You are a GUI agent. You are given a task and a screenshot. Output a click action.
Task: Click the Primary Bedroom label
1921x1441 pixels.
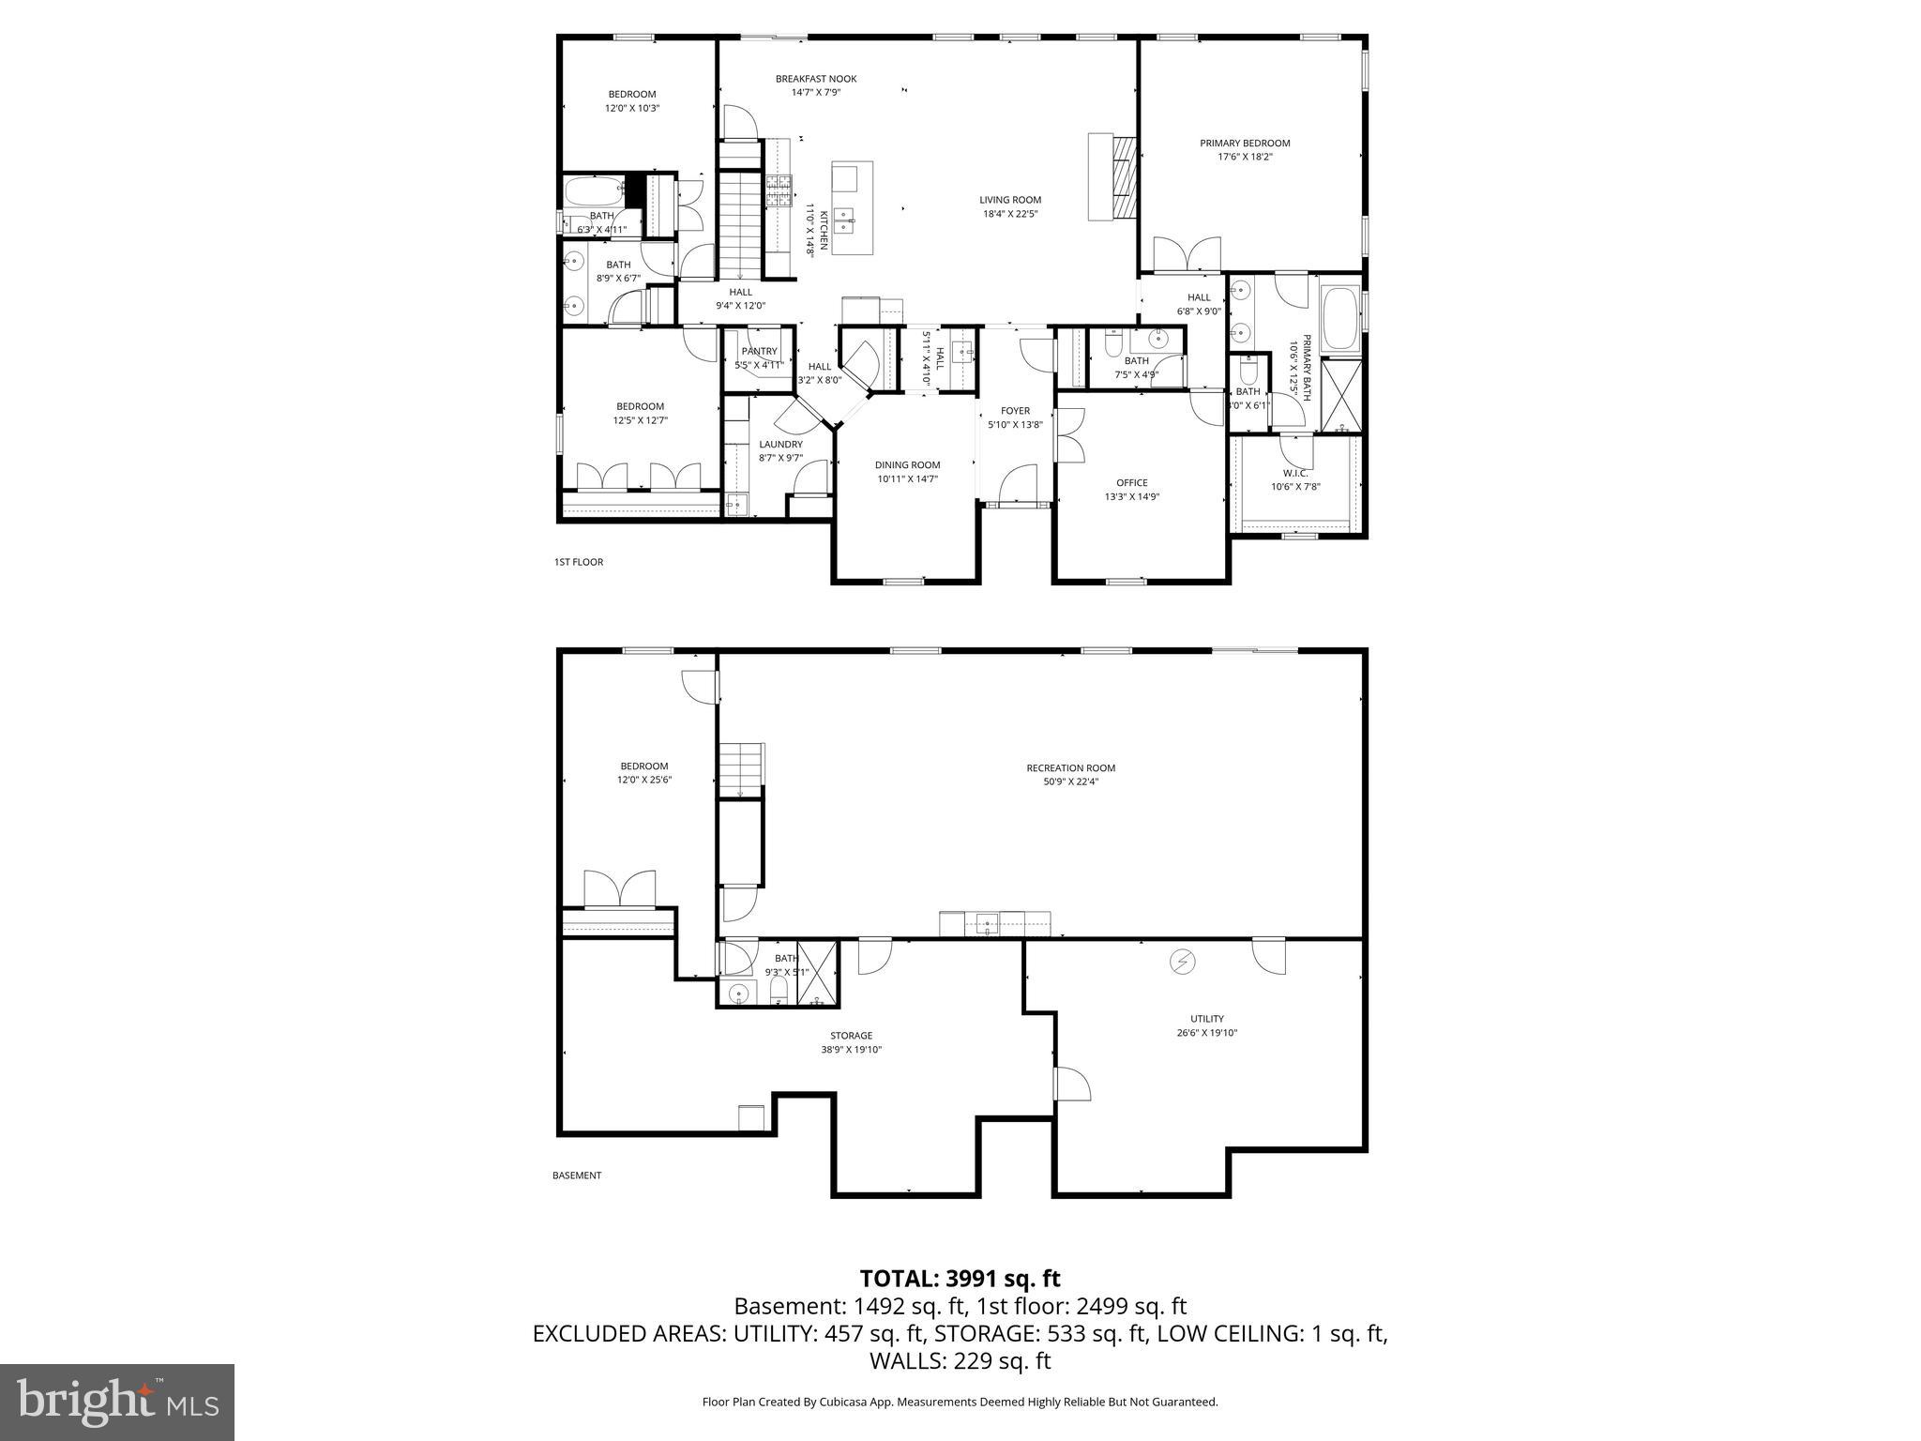(1244, 144)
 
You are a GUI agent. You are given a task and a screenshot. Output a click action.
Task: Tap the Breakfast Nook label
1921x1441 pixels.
(815, 79)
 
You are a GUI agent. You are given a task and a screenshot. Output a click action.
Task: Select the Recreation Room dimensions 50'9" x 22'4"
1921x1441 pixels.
(1070, 781)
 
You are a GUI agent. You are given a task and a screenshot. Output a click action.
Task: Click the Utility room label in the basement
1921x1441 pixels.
(1206, 1019)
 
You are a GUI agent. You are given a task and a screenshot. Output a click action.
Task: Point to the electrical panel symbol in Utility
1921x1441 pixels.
(1182, 962)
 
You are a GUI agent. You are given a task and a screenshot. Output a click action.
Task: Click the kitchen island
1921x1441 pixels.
(852, 207)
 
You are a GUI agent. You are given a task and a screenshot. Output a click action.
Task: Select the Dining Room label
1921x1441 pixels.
(907, 465)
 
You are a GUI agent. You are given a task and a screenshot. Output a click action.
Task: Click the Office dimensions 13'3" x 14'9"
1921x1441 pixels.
(1131, 497)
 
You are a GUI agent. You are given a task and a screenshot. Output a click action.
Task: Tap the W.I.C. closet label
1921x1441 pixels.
(1295, 473)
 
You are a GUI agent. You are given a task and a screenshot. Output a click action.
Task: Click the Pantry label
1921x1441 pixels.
(759, 352)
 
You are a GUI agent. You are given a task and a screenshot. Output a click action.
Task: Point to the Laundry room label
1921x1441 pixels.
(780, 445)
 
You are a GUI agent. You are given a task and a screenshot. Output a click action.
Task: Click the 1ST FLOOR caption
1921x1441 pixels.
(578, 562)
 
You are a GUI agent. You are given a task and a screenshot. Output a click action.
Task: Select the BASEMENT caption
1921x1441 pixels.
(576, 1176)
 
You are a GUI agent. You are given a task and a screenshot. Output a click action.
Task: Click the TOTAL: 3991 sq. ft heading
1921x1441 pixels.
(960, 1279)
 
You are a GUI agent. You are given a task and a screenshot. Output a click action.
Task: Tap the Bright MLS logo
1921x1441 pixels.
(117, 1403)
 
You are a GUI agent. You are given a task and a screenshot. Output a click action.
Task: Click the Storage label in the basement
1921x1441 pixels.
(851, 1036)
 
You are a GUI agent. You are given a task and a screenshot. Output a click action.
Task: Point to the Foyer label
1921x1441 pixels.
(1015, 411)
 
